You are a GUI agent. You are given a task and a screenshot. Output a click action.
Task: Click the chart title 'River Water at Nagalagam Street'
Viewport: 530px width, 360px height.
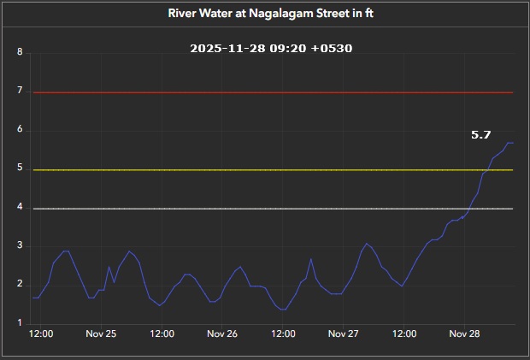coord(264,15)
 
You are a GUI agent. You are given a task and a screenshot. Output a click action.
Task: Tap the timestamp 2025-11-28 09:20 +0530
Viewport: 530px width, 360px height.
coord(271,49)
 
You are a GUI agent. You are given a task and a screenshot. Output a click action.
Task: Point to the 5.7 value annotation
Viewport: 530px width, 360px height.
coord(481,135)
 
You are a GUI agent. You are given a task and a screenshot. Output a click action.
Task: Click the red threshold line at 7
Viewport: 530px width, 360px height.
coord(272,92)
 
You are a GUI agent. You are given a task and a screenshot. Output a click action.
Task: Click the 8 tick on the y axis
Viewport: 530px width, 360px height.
coord(20,53)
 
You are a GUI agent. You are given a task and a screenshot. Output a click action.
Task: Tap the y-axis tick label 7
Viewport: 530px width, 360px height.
coord(20,92)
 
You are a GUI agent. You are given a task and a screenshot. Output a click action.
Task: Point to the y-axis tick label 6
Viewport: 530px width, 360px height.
coord(20,131)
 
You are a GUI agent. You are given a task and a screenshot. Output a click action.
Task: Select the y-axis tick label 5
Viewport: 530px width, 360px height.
coord(20,169)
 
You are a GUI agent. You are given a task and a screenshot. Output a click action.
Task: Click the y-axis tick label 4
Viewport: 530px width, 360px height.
coord(20,209)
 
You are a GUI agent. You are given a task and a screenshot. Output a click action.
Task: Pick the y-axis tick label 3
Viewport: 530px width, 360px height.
coord(20,247)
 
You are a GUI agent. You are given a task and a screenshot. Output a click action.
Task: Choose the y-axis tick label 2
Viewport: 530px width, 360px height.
coord(20,286)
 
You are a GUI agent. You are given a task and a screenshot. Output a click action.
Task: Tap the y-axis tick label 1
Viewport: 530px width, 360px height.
coord(20,324)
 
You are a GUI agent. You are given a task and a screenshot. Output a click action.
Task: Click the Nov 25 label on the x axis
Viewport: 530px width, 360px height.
coord(101,333)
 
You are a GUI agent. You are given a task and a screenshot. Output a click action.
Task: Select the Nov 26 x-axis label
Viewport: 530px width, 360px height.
coord(222,333)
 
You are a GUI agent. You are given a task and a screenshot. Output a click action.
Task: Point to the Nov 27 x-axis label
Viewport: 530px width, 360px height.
coord(343,333)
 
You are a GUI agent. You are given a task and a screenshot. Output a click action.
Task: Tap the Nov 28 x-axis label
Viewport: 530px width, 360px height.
coord(464,333)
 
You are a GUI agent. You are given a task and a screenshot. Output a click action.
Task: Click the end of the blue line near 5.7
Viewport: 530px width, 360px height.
coord(512,143)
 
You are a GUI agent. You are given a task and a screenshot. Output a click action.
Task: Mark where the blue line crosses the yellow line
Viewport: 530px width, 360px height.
coord(485,170)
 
